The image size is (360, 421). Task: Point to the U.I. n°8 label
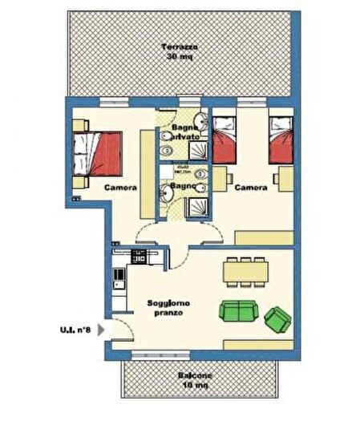click(x=75, y=329)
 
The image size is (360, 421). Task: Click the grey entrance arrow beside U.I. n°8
click(x=100, y=329)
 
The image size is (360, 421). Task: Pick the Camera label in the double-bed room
click(x=119, y=187)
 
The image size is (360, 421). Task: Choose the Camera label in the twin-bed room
click(x=250, y=187)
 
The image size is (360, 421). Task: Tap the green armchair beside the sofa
click(x=277, y=318)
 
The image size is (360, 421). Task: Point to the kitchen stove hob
click(x=138, y=257)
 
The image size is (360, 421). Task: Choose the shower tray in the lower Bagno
click(x=196, y=207)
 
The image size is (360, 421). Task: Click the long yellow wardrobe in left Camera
click(x=145, y=172)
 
